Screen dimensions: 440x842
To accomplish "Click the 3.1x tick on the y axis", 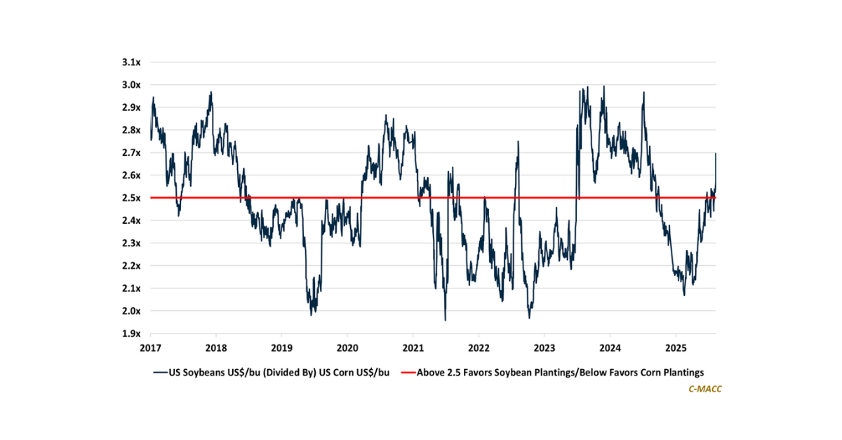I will pyautogui.click(x=131, y=62).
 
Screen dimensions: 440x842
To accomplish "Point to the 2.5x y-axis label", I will pyautogui.click(x=131, y=198).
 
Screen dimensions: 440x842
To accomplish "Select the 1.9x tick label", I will pyautogui.click(x=131, y=333).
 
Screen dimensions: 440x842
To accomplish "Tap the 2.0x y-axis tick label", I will pyautogui.click(x=131, y=311).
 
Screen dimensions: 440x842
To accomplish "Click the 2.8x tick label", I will pyautogui.click(x=131, y=130).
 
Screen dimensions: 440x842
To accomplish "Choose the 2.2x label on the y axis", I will pyautogui.click(x=131, y=266).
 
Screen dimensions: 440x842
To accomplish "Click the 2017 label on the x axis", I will pyautogui.click(x=150, y=347).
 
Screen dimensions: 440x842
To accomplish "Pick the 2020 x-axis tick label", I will pyautogui.click(x=347, y=347).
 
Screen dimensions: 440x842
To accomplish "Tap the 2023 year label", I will pyautogui.click(x=544, y=347).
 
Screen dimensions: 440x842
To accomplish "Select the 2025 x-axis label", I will pyautogui.click(x=675, y=347).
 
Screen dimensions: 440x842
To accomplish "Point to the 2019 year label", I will pyautogui.click(x=281, y=347).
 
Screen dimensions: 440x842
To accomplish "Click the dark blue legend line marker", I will pyautogui.click(x=159, y=372).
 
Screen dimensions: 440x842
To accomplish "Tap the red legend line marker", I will pyautogui.click(x=407, y=372).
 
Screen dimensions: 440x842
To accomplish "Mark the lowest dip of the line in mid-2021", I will pyautogui.click(x=445, y=320).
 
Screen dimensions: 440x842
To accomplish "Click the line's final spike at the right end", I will pyautogui.click(x=716, y=154).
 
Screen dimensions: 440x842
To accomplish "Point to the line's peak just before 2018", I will pyautogui.click(x=210, y=92).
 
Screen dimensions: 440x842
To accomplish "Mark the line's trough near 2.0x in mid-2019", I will pyautogui.click(x=312, y=314).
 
